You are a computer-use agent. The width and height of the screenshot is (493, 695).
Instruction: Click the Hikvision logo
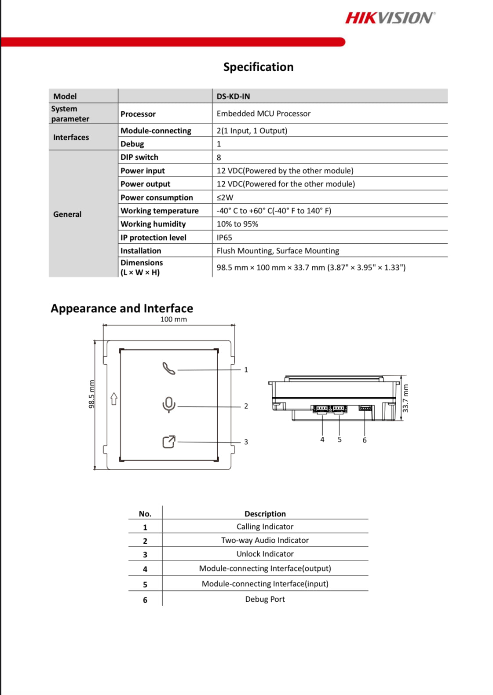[390, 18]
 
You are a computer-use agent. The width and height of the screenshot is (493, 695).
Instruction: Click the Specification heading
[258, 67]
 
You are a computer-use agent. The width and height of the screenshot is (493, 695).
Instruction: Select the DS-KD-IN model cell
[233, 96]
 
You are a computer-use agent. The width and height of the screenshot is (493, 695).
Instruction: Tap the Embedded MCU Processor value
[263, 113]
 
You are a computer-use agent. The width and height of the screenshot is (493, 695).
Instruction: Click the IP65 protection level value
[224, 238]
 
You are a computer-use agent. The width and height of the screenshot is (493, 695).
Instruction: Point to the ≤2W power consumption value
[225, 198]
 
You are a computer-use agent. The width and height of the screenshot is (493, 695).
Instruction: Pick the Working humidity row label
[153, 224]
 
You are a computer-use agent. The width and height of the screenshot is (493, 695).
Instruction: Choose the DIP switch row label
[139, 157]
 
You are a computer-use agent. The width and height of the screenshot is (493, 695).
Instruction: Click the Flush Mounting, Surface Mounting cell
[278, 251]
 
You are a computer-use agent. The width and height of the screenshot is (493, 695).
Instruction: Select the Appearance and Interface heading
[122, 308]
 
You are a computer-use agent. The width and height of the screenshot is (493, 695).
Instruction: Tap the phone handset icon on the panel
[168, 369]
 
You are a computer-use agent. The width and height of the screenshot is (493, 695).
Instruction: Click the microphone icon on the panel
[169, 405]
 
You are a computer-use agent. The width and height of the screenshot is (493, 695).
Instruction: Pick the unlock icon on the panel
[169, 442]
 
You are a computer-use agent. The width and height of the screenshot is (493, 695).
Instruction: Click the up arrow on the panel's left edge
[114, 399]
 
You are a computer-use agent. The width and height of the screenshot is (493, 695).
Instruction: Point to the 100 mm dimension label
[173, 319]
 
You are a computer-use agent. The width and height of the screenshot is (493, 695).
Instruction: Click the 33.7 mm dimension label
[405, 399]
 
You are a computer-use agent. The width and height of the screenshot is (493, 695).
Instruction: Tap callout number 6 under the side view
[365, 440]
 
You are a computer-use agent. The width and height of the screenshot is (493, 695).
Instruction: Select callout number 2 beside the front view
[246, 406]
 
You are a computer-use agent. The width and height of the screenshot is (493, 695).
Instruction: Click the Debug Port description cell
[265, 599]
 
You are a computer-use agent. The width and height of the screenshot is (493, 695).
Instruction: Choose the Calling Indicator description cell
[265, 527]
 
